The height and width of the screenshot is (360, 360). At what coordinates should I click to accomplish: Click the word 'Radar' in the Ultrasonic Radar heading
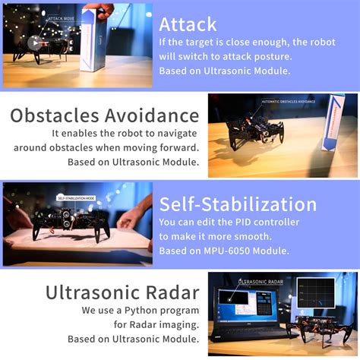171,292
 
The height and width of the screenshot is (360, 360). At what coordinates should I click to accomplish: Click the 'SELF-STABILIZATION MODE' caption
76,198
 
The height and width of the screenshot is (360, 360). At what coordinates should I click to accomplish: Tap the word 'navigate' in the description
175,132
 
